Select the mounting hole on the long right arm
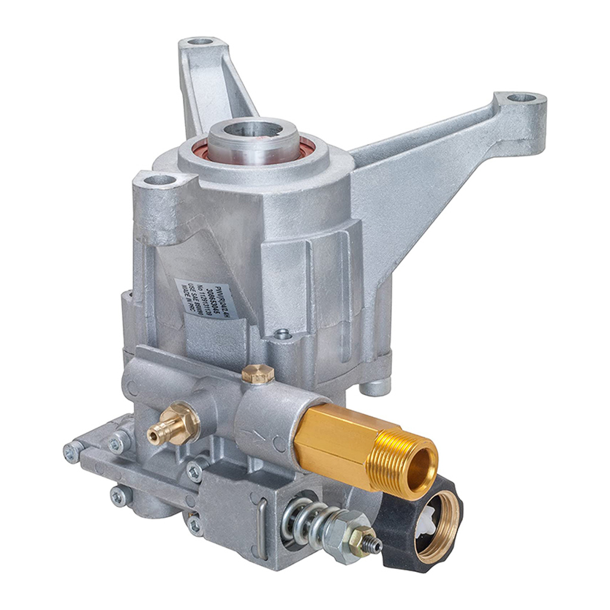[x=521, y=98]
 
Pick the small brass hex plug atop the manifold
[x=257, y=374]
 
